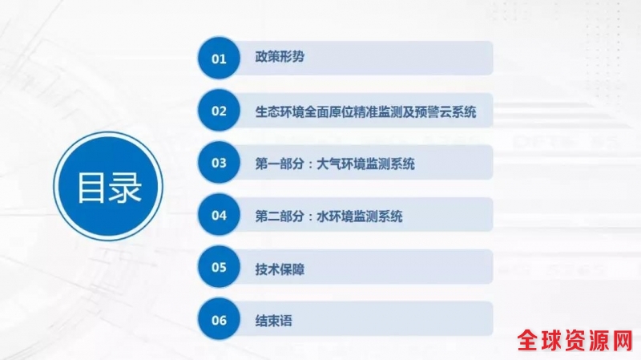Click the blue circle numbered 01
219,58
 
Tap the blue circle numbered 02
219,111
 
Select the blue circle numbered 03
219,163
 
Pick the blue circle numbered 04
219,215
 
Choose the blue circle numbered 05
219,267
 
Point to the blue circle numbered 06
219,319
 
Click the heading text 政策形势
280,57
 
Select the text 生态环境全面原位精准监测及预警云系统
366,111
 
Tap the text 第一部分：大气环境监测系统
335,164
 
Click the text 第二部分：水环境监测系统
329,216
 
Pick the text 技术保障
280,269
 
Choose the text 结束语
273,321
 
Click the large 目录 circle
108,186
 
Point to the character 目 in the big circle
91,188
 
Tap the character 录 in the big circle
125,188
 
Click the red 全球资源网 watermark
575,340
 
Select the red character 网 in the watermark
623,341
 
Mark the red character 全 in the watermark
528,341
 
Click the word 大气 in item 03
329,164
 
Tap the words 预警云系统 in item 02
445,111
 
